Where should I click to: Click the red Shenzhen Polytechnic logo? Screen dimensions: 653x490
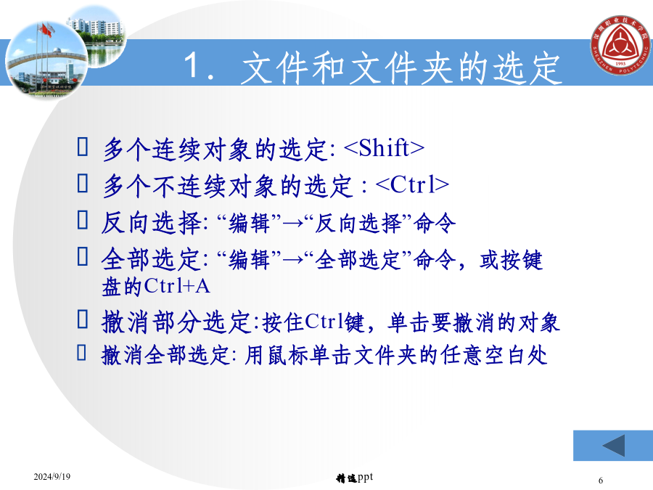(x=620, y=45)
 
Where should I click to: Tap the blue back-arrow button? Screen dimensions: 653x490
(x=613, y=446)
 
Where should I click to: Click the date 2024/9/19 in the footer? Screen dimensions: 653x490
(x=52, y=476)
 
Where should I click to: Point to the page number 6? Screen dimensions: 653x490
(x=601, y=480)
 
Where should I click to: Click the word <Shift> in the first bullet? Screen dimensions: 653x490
(x=385, y=148)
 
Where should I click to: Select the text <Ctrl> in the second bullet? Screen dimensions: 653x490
(x=412, y=184)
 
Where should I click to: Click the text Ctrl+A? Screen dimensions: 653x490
(x=177, y=286)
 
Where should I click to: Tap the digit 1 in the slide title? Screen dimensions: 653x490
(x=192, y=65)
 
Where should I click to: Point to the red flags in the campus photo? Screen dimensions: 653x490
(x=46, y=30)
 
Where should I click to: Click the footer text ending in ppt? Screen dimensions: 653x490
(x=354, y=478)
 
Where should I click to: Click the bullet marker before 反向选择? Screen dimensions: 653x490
(x=83, y=219)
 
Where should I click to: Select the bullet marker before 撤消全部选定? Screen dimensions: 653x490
(x=81, y=352)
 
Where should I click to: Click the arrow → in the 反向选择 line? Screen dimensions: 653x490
(x=293, y=224)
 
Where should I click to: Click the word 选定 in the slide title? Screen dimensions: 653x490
(x=527, y=68)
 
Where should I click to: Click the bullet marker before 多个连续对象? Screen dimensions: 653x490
(x=83, y=147)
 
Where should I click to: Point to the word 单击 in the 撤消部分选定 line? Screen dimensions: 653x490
(x=409, y=322)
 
